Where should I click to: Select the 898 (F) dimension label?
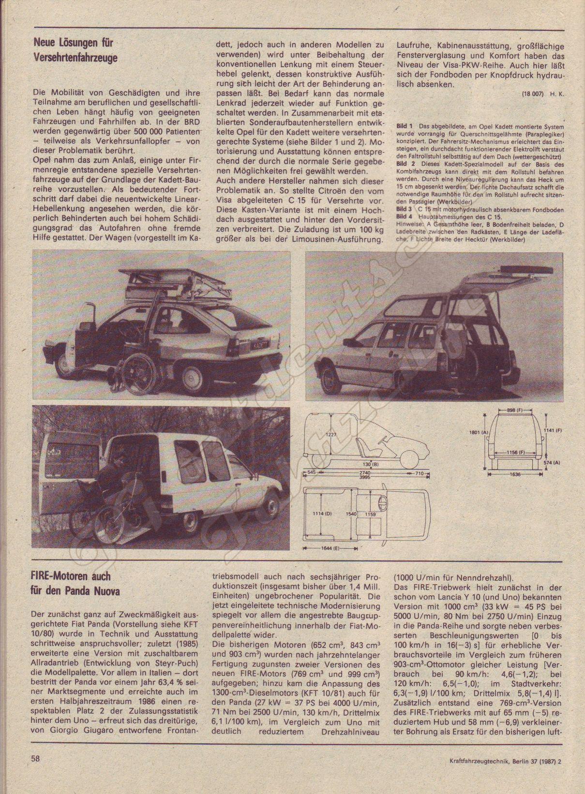click(x=516, y=411)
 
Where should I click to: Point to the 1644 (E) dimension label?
click(x=329, y=549)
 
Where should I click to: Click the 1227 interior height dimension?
click(x=330, y=434)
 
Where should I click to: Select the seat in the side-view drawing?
click(x=362, y=444)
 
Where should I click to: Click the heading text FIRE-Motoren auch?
click(x=71, y=576)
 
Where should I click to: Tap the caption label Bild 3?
click(x=404, y=210)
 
